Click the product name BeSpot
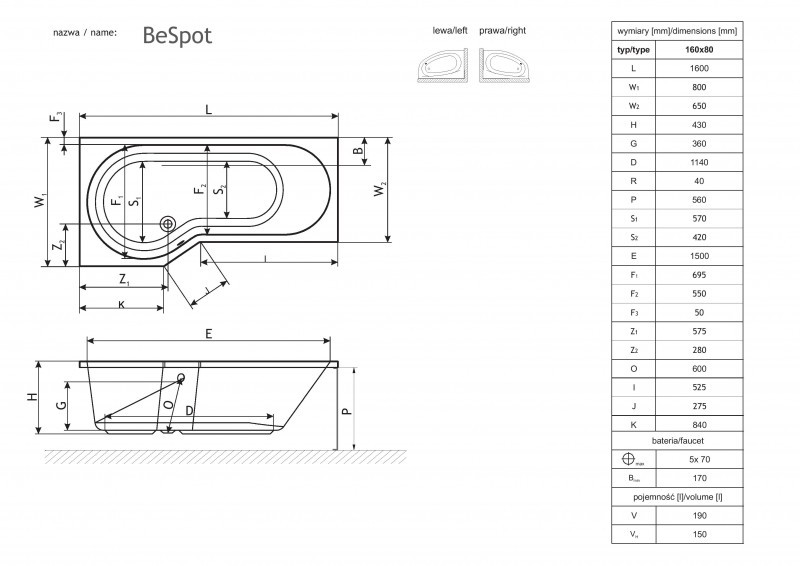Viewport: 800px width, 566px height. (x=176, y=35)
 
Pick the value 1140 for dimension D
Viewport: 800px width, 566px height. (x=700, y=162)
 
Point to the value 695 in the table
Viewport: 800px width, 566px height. (x=700, y=274)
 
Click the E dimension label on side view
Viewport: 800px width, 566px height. (x=207, y=335)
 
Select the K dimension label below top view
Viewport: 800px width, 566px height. (x=121, y=304)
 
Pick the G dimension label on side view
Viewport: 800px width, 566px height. (x=61, y=405)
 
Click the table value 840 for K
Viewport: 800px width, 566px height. (x=700, y=424)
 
